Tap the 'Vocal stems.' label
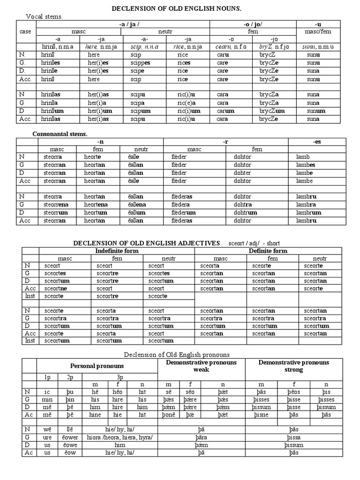pos(44,17)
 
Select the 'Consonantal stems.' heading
pos(60,134)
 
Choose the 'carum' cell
pos(225,111)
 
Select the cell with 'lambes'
pos(306,165)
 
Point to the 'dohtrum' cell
pos(245,212)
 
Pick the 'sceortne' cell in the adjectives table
pos(55,288)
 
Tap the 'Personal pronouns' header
pos(97,366)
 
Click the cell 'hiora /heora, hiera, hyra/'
pos(120,437)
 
